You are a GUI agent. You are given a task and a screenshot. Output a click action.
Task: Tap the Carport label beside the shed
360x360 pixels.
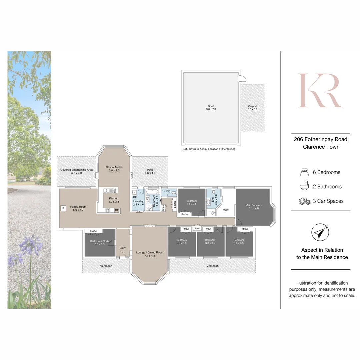coord(252,106)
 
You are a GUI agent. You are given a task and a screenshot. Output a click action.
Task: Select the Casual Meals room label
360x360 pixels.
coord(114,167)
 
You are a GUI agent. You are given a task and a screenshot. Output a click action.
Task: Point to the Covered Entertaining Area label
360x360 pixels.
coord(76,170)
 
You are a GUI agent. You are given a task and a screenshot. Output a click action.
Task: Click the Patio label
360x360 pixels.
coord(150,170)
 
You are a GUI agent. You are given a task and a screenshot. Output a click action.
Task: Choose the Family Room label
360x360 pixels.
coord(78,207)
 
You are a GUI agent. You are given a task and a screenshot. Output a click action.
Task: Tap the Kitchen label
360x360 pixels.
coord(114,198)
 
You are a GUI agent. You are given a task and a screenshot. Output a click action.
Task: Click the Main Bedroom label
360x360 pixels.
coord(254,205)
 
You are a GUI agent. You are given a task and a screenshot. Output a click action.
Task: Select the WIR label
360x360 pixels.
coord(226,210)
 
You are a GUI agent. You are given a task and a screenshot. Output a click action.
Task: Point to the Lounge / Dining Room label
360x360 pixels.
coord(150,252)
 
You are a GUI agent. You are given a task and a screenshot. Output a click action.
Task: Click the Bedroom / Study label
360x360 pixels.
coord(99,241)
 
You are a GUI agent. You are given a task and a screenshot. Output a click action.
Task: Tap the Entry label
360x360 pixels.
coord(123,248)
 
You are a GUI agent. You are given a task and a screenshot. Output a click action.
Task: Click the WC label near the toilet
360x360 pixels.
coord(168,192)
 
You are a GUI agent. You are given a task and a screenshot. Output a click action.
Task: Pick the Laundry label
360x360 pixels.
coord(138,201)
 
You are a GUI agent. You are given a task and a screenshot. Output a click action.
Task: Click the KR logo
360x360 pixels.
coord(320,90)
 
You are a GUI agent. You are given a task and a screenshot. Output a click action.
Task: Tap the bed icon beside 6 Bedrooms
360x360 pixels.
coord(304,172)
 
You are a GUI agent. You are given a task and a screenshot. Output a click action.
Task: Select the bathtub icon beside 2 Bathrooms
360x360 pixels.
coord(304,186)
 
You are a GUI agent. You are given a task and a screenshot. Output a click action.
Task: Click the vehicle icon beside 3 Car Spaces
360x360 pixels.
coord(304,201)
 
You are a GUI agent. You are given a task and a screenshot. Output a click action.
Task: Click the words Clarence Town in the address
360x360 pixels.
coord(321,147)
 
